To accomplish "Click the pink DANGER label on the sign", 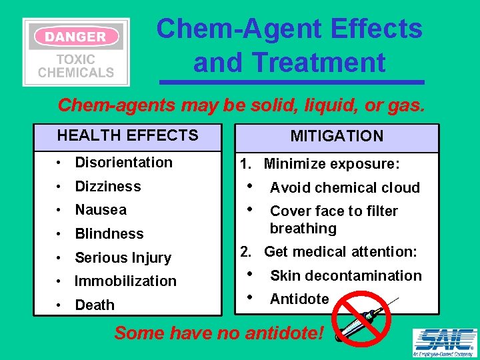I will tap(75, 36).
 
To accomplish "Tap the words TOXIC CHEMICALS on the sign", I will tap(76, 65).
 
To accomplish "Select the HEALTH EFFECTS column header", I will tap(128, 136).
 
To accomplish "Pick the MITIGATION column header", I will tap(337, 137).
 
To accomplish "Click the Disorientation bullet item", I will tap(123, 163).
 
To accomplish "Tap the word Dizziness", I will tap(108, 187).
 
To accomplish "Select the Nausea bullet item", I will tap(101, 210).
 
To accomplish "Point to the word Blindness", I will tap(109, 234).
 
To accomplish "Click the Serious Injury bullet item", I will tap(123, 258).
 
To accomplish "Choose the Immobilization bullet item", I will tap(125, 281).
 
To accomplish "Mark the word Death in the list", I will tap(95, 305).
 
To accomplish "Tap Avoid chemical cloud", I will tap(345, 188).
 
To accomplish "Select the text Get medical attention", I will tap(340, 252).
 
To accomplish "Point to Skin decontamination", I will tap(345, 276).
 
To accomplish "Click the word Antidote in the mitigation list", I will tap(299, 299).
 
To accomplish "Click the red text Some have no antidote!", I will tap(220, 333).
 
